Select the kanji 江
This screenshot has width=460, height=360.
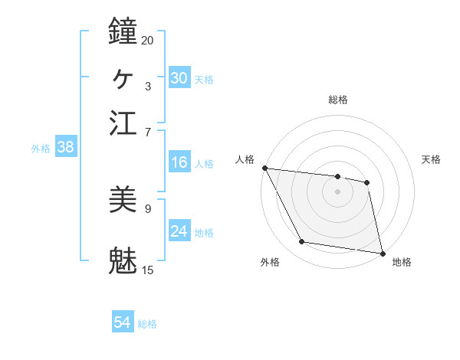tap(123, 122)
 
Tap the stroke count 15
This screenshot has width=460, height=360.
tap(147, 270)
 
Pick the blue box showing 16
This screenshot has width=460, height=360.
tap(179, 162)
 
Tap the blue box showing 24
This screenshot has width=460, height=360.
tap(179, 231)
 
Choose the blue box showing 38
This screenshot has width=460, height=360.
tap(65, 148)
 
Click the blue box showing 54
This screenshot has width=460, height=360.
tap(122, 323)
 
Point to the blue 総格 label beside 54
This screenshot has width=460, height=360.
tap(147, 324)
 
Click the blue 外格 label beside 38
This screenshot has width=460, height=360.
tap(41, 149)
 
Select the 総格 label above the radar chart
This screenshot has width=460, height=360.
tap(337, 100)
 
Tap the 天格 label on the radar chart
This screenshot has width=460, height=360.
tap(431, 159)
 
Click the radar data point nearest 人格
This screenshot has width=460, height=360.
tap(264, 169)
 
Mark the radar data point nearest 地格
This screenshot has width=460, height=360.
tap(382, 252)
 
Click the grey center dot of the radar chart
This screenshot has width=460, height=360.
tap(337, 191)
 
